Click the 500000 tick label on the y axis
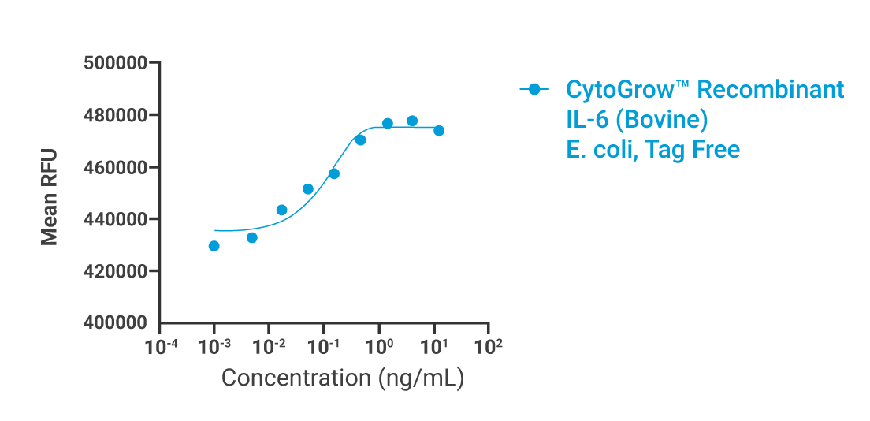(116, 63)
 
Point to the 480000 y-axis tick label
(116, 115)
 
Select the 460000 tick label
(116, 167)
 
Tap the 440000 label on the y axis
(116, 219)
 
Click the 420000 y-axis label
(116, 271)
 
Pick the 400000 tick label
(116, 323)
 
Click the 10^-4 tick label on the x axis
(160, 345)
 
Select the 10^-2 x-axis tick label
(270, 345)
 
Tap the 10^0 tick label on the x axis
(381, 345)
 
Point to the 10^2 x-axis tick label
(490, 345)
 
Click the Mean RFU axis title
(50, 193)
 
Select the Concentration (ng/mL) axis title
(343, 378)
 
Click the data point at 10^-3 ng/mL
(214, 246)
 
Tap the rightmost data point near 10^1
(439, 131)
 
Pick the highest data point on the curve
(412, 121)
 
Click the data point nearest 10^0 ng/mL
(388, 124)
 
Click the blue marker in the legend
(534, 90)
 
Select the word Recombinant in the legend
(771, 90)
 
